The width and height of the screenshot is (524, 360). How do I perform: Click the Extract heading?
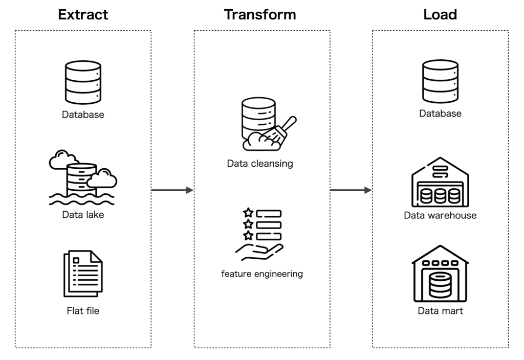[x=83, y=14]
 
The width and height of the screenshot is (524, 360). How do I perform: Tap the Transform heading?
[x=260, y=14]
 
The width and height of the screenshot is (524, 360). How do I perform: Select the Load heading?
[x=440, y=14]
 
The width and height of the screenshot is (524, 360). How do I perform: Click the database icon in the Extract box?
[x=83, y=82]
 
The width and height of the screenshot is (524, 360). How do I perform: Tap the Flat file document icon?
[x=83, y=273]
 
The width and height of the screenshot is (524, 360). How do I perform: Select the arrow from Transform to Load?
[x=351, y=190]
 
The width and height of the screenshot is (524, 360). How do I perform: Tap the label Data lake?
[x=83, y=215]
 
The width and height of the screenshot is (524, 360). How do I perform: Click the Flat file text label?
[x=83, y=310]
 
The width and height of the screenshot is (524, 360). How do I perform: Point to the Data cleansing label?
[x=260, y=164]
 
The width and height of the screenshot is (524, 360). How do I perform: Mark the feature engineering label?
[x=261, y=274]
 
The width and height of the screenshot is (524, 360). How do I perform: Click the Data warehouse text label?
[x=440, y=215]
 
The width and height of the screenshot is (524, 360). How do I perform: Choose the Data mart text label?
[x=440, y=310]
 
